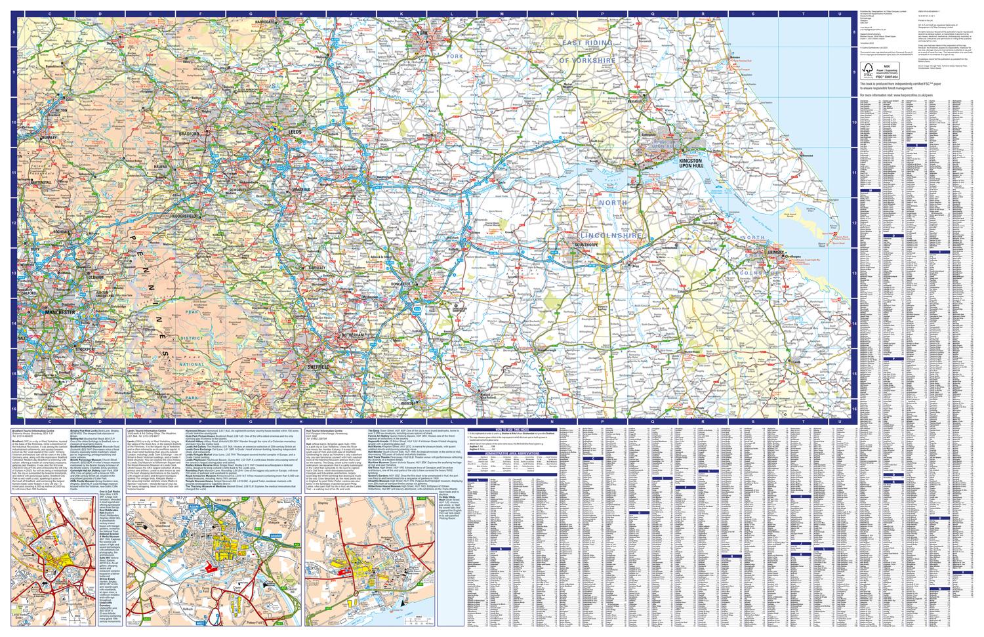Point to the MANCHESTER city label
58,313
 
